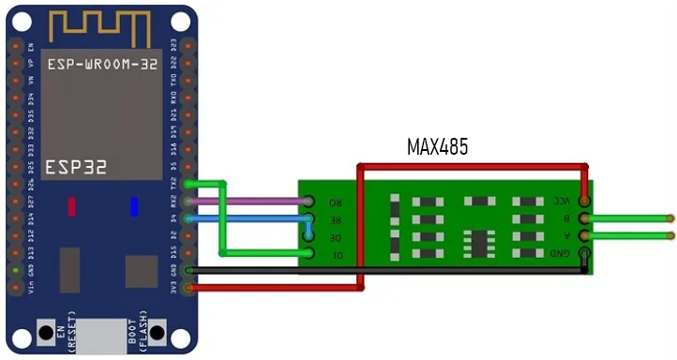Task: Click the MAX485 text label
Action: click(x=437, y=147)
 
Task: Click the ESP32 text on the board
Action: click(x=76, y=167)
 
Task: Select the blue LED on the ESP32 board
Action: click(x=134, y=206)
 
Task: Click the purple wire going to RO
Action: click(x=253, y=201)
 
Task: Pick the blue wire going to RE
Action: click(x=253, y=217)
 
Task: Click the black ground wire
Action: click(x=375, y=271)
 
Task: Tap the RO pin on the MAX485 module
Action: click(x=308, y=201)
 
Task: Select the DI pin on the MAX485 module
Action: click(x=308, y=252)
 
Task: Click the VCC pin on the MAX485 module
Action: click(x=585, y=201)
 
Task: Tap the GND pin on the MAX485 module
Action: click(x=585, y=252)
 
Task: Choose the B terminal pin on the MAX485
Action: click(x=585, y=218)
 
